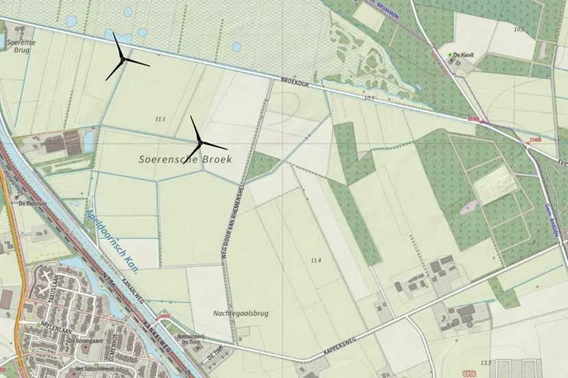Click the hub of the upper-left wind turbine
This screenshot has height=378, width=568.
click(122, 61)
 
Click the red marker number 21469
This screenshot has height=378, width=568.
click(536, 139)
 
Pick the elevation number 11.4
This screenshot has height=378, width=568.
click(316, 260)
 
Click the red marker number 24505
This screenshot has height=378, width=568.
click(164, 316)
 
